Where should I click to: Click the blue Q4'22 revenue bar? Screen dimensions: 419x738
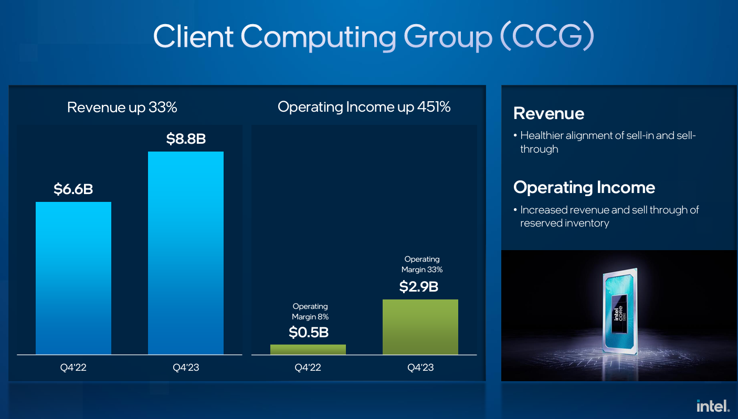[x=73, y=278]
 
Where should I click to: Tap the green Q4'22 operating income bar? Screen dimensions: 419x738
[x=308, y=349]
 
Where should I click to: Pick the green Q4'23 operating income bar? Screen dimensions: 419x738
[x=420, y=327]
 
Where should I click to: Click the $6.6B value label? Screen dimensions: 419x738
[x=73, y=189]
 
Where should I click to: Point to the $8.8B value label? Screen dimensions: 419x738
[x=186, y=139]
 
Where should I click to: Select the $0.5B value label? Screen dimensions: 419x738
[x=309, y=332]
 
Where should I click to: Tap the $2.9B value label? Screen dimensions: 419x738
[x=419, y=287]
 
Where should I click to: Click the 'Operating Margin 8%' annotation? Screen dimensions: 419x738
[x=310, y=311]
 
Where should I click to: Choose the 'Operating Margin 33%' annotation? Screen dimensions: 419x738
[x=422, y=264]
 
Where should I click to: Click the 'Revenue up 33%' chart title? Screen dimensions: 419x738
[x=122, y=108]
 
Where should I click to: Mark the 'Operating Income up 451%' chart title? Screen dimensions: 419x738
[x=364, y=107]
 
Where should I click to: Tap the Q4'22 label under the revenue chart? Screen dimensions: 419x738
[x=73, y=368]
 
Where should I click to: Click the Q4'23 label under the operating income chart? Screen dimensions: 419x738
[x=420, y=368]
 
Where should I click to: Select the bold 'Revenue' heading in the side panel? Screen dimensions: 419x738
[x=549, y=113]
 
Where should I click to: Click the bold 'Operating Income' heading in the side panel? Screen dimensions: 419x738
[x=584, y=188]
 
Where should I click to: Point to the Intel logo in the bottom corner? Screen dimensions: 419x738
[x=713, y=405]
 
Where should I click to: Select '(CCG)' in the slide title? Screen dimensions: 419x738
[x=547, y=36]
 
